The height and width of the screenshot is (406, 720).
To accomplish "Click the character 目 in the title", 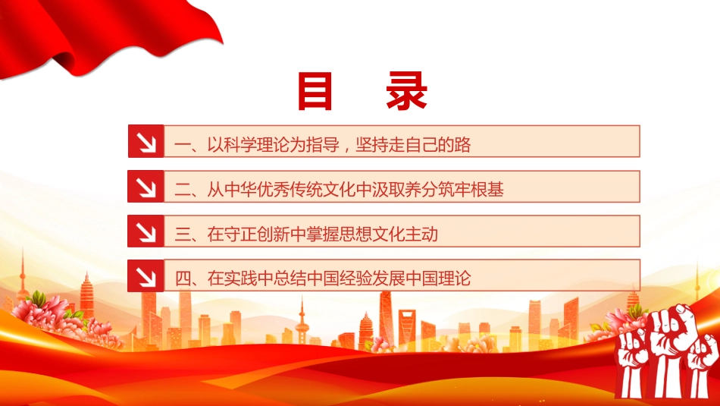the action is pos(315,91).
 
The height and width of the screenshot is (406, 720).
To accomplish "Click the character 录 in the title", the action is pos(407,91).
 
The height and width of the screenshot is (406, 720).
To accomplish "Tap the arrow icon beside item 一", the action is pos(146,141).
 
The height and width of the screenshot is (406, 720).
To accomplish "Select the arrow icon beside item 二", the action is pos(146,186).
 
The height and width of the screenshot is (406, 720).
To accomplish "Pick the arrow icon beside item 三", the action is pos(146,231).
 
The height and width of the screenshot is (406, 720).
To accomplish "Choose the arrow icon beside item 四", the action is pos(146,276).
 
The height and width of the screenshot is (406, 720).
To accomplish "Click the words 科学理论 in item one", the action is pos(257,145).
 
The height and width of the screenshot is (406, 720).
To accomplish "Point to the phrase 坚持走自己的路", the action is pos(413,145).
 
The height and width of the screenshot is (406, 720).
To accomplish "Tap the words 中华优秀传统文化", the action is pos(290,190).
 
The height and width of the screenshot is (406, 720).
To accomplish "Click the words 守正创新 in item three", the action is pos(257,234).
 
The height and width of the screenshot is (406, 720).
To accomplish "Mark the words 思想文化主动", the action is pos(389,234).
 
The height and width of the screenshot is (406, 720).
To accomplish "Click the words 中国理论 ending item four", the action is pos(439,279).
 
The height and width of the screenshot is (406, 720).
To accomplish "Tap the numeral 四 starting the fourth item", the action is pos(183,279).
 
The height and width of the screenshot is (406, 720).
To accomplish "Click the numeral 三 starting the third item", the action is pos(183,234).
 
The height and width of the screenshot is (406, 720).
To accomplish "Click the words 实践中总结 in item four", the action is pos(265,279).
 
